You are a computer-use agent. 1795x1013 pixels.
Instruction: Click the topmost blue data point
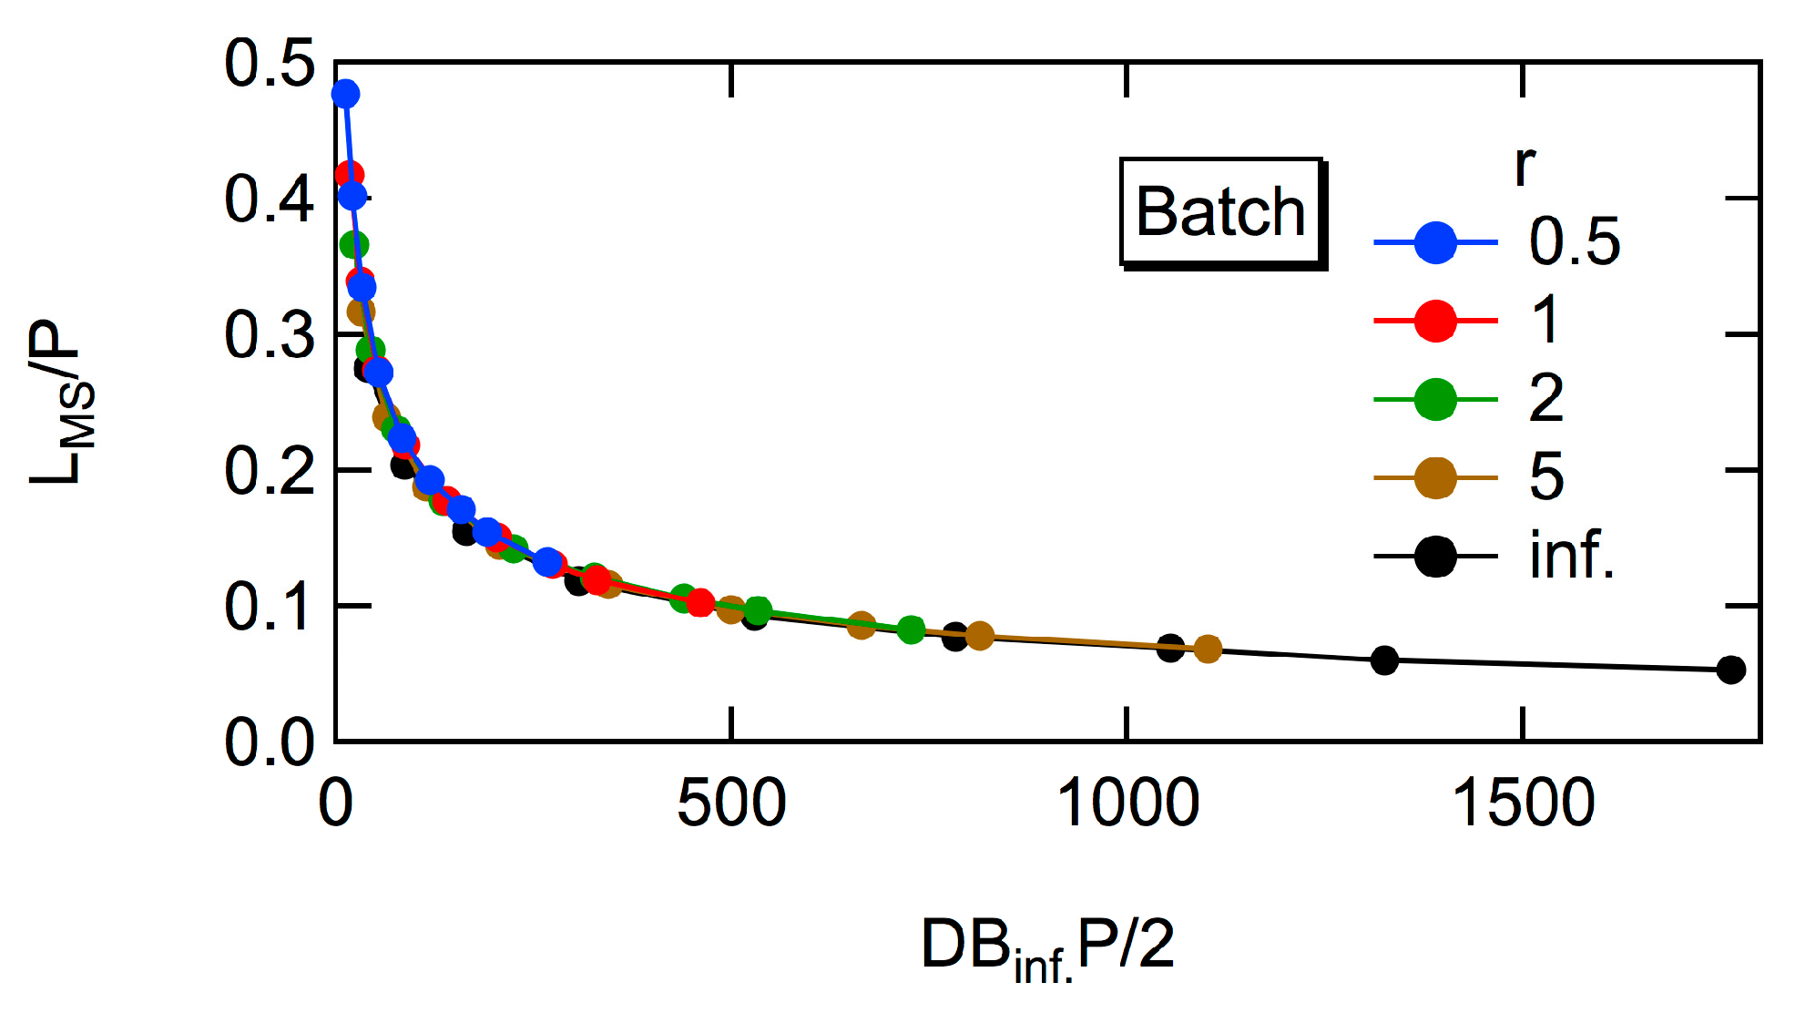click(345, 94)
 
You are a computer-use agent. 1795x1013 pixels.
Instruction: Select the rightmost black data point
click(1730, 670)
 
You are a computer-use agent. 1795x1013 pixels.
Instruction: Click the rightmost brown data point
click(1207, 649)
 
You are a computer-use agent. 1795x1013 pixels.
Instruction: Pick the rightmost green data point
click(911, 629)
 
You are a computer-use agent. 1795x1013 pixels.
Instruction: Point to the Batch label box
click(1221, 212)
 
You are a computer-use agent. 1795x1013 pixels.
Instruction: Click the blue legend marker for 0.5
click(1435, 242)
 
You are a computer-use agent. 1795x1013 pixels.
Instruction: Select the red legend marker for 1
click(1435, 321)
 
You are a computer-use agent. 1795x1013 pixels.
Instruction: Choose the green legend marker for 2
click(1435, 399)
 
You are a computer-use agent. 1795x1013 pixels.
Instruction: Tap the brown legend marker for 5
click(1435, 477)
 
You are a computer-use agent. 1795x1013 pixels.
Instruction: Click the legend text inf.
click(1572, 555)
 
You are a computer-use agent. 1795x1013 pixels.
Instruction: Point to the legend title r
click(1525, 165)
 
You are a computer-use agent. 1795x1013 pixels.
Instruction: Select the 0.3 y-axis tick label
click(270, 335)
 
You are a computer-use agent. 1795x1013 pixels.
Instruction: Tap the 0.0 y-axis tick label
click(270, 742)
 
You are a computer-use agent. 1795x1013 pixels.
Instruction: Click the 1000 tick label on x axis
click(1127, 803)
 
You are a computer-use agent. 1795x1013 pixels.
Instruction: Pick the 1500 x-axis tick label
click(1523, 803)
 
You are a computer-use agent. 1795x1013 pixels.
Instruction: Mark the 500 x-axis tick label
click(730, 803)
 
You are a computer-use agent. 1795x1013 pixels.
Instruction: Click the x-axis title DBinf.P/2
click(1047, 947)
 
